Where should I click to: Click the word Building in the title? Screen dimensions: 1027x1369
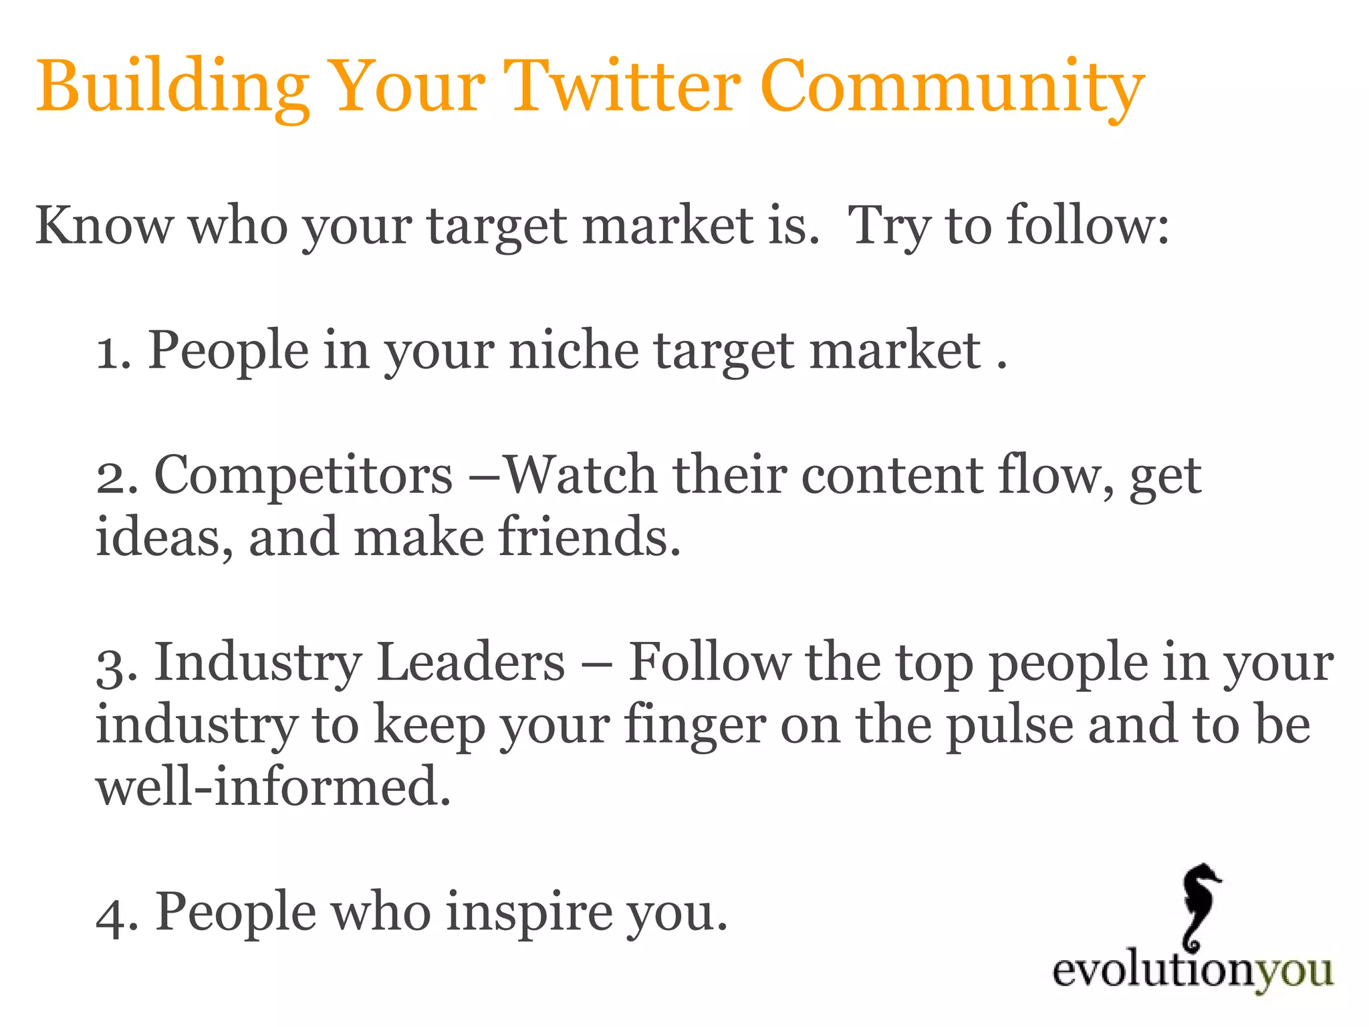coord(172,87)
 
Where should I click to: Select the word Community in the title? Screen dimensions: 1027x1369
coord(952,87)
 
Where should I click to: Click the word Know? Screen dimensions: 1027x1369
coord(104,225)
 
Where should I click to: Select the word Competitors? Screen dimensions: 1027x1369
coord(303,475)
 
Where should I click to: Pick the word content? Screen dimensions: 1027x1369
coord(892,475)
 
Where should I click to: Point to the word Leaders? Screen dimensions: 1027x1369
coord(471,662)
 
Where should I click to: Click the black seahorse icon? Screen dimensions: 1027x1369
coord(1199,906)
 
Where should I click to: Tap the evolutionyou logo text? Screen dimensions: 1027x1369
coord(1193,972)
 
